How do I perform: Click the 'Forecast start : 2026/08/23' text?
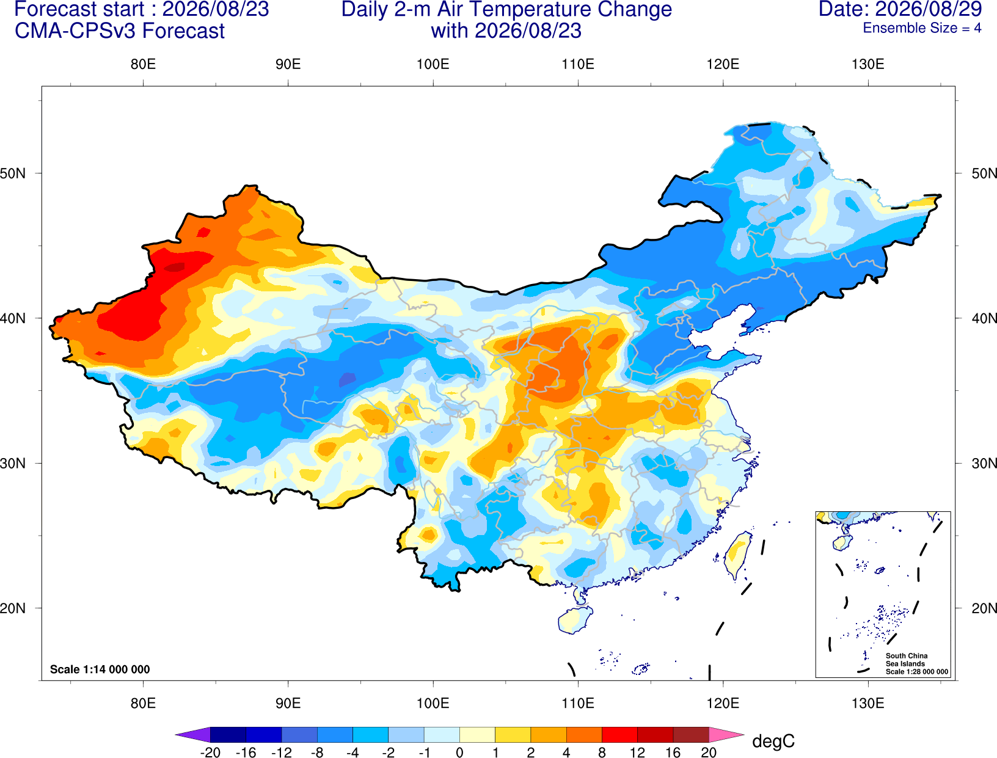tap(142, 9)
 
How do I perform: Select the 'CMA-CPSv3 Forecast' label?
tap(120, 31)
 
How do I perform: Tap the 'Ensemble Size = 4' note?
tap(922, 28)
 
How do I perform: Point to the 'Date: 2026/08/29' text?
tap(900, 9)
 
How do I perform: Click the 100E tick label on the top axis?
tap(433, 64)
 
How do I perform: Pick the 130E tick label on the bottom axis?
tap(868, 704)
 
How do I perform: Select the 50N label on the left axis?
tap(13, 173)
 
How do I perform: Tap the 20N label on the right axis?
tap(984, 608)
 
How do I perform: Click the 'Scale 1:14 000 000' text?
tap(100, 669)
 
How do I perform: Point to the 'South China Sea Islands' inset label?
tap(907, 660)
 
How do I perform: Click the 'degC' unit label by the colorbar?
tap(773, 741)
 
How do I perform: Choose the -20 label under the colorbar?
tap(210, 753)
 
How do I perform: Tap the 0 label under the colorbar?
tap(459, 753)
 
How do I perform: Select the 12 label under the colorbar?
tap(637, 753)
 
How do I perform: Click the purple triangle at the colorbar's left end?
tap(193, 734)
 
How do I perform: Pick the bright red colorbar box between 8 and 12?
tap(619, 734)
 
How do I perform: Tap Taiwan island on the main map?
tap(736, 555)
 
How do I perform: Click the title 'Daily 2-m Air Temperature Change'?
tap(506, 9)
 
